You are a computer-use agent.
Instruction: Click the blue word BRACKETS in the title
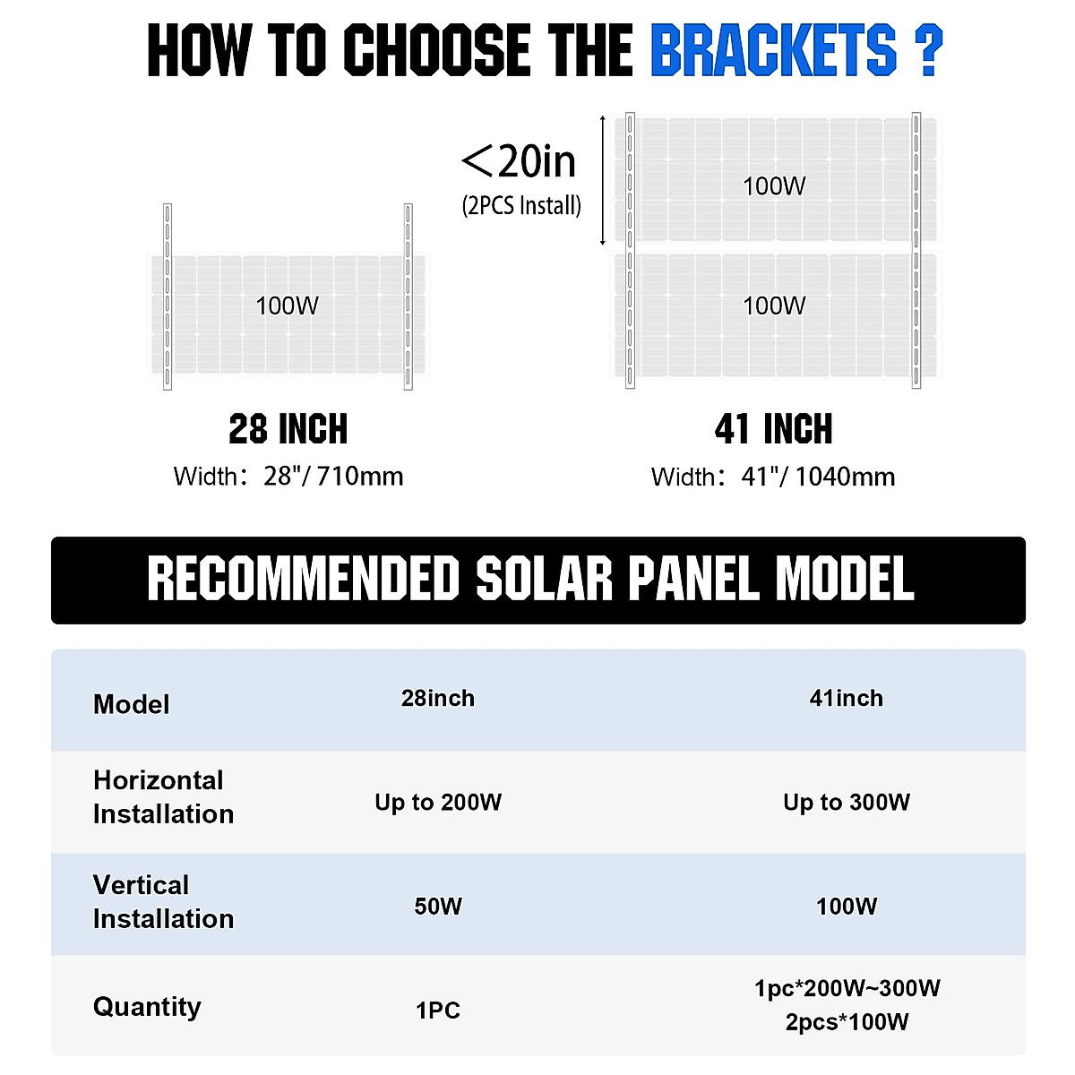(x=772, y=50)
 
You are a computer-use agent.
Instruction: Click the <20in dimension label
(x=520, y=161)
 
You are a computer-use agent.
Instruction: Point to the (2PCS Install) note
(x=521, y=206)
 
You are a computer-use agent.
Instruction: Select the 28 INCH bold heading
(x=288, y=429)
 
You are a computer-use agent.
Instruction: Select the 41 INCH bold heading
(x=773, y=429)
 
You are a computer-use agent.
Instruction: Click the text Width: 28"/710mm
(x=288, y=476)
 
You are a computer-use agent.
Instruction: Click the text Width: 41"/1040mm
(x=773, y=477)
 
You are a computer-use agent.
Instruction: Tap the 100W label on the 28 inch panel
(x=287, y=306)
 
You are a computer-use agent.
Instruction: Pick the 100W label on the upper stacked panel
(x=774, y=186)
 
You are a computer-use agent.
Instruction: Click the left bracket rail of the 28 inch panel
(x=167, y=297)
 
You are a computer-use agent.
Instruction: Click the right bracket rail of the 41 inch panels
(x=916, y=250)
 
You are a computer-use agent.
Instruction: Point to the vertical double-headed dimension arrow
(x=603, y=179)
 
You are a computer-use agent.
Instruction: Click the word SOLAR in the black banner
(x=544, y=579)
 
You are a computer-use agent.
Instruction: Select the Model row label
(x=131, y=704)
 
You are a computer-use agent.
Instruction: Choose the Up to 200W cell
(x=438, y=803)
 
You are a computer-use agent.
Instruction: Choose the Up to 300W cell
(x=847, y=803)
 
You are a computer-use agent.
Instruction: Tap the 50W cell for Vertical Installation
(x=438, y=907)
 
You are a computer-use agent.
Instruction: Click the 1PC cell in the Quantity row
(x=438, y=1010)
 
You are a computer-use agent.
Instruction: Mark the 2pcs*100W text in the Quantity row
(x=847, y=1022)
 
